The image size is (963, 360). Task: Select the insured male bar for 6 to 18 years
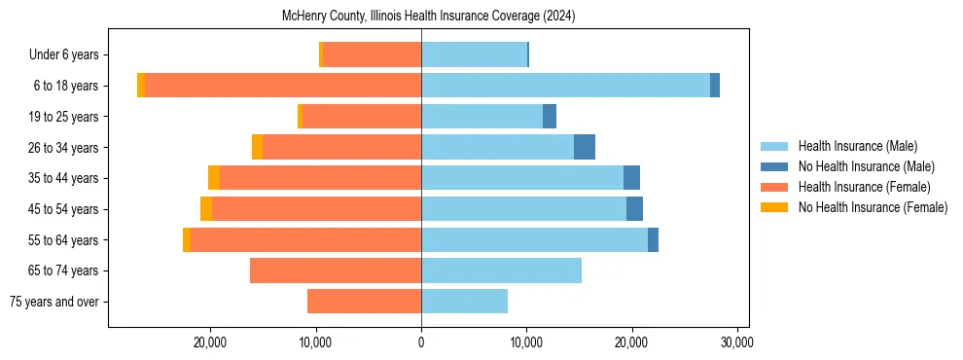tap(565, 86)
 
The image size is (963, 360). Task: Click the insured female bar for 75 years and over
tap(364, 302)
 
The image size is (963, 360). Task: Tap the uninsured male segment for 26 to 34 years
tap(584, 147)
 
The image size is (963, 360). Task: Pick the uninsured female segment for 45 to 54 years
tap(206, 209)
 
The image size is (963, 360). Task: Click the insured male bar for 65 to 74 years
tap(501, 270)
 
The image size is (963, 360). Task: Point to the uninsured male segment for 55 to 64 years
tap(653, 239)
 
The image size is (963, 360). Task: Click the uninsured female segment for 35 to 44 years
tap(214, 178)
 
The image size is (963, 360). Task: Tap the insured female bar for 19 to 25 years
tap(361, 117)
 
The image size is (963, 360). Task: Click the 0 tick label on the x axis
tap(421, 342)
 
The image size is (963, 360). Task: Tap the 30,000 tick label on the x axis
tap(736, 342)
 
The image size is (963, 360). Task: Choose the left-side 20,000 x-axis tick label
tap(210, 342)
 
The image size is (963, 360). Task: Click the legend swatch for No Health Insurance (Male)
tap(774, 166)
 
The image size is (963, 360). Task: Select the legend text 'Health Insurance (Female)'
tap(864, 187)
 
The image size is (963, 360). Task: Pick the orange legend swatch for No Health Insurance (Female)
tap(774, 207)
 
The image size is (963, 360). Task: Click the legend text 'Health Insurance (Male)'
tap(857, 146)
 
